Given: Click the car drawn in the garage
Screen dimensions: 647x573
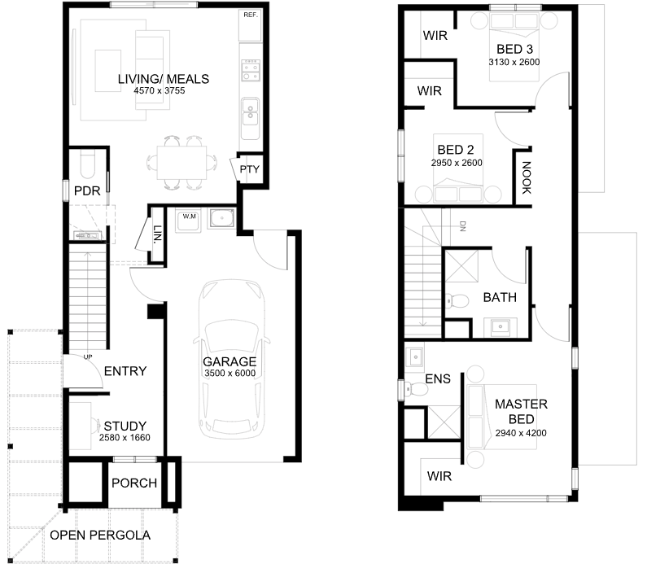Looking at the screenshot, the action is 231,359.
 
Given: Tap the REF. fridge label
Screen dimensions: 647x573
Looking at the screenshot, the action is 251,15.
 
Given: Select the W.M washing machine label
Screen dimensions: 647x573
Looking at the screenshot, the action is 190,217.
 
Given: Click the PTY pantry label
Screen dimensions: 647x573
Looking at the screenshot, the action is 250,169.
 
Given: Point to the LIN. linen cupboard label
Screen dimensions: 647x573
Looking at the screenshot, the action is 158,234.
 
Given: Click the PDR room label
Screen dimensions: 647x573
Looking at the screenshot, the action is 87,191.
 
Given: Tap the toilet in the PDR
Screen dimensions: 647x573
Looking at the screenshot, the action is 87,164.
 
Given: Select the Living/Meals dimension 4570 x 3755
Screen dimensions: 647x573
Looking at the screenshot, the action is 160,91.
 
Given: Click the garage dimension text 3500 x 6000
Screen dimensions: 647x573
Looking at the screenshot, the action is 230,374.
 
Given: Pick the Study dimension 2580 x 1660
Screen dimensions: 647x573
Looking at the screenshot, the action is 125,438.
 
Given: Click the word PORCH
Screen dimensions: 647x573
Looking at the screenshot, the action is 134,483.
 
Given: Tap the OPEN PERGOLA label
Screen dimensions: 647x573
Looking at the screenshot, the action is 100,536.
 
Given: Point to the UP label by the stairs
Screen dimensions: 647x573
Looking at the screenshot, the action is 88,357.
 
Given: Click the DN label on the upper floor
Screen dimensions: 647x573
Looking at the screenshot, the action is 462,226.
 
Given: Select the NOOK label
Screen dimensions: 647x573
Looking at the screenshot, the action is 526,177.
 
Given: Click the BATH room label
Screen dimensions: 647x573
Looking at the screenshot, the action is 500,297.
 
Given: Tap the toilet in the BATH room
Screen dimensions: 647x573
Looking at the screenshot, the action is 457,300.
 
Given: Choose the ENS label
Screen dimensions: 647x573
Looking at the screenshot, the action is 438,379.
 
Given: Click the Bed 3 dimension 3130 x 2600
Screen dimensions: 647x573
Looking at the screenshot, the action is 514,63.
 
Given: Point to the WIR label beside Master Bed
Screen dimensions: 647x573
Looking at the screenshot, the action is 439,476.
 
